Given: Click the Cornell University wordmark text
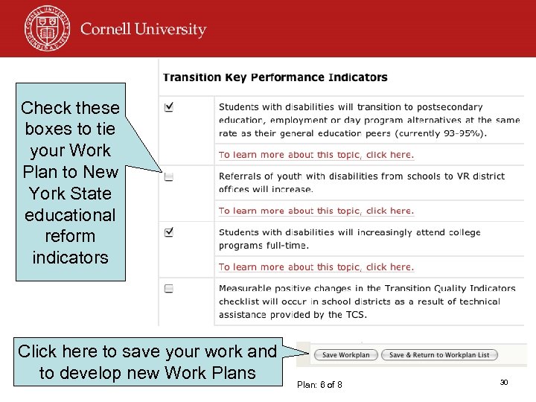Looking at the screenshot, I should pyautogui.click(x=143, y=30).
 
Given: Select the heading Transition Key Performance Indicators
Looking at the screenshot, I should pyautogui.click(x=275, y=77).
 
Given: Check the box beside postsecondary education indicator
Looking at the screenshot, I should pyautogui.click(x=169, y=108).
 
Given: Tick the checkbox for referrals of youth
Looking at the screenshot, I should pyautogui.click(x=169, y=177).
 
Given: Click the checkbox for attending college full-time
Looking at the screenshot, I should pyautogui.click(x=169, y=233).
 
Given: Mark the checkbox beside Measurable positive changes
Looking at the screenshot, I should pyautogui.click(x=169, y=289).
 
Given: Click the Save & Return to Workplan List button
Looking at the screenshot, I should pyautogui.click(x=440, y=355).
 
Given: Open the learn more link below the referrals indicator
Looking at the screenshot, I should pyautogui.click(x=316, y=211).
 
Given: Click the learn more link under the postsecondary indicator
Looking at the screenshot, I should pyautogui.click(x=316, y=155).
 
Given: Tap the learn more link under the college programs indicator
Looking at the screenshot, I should pyautogui.click(x=316, y=267).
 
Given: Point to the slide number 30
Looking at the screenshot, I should pyautogui.click(x=504, y=382).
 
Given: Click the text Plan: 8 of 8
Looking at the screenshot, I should pyautogui.click(x=319, y=385).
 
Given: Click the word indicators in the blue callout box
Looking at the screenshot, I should pyautogui.click(x=71, y=258).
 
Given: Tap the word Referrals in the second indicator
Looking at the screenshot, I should pyautogui.click(x=239, y=176).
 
